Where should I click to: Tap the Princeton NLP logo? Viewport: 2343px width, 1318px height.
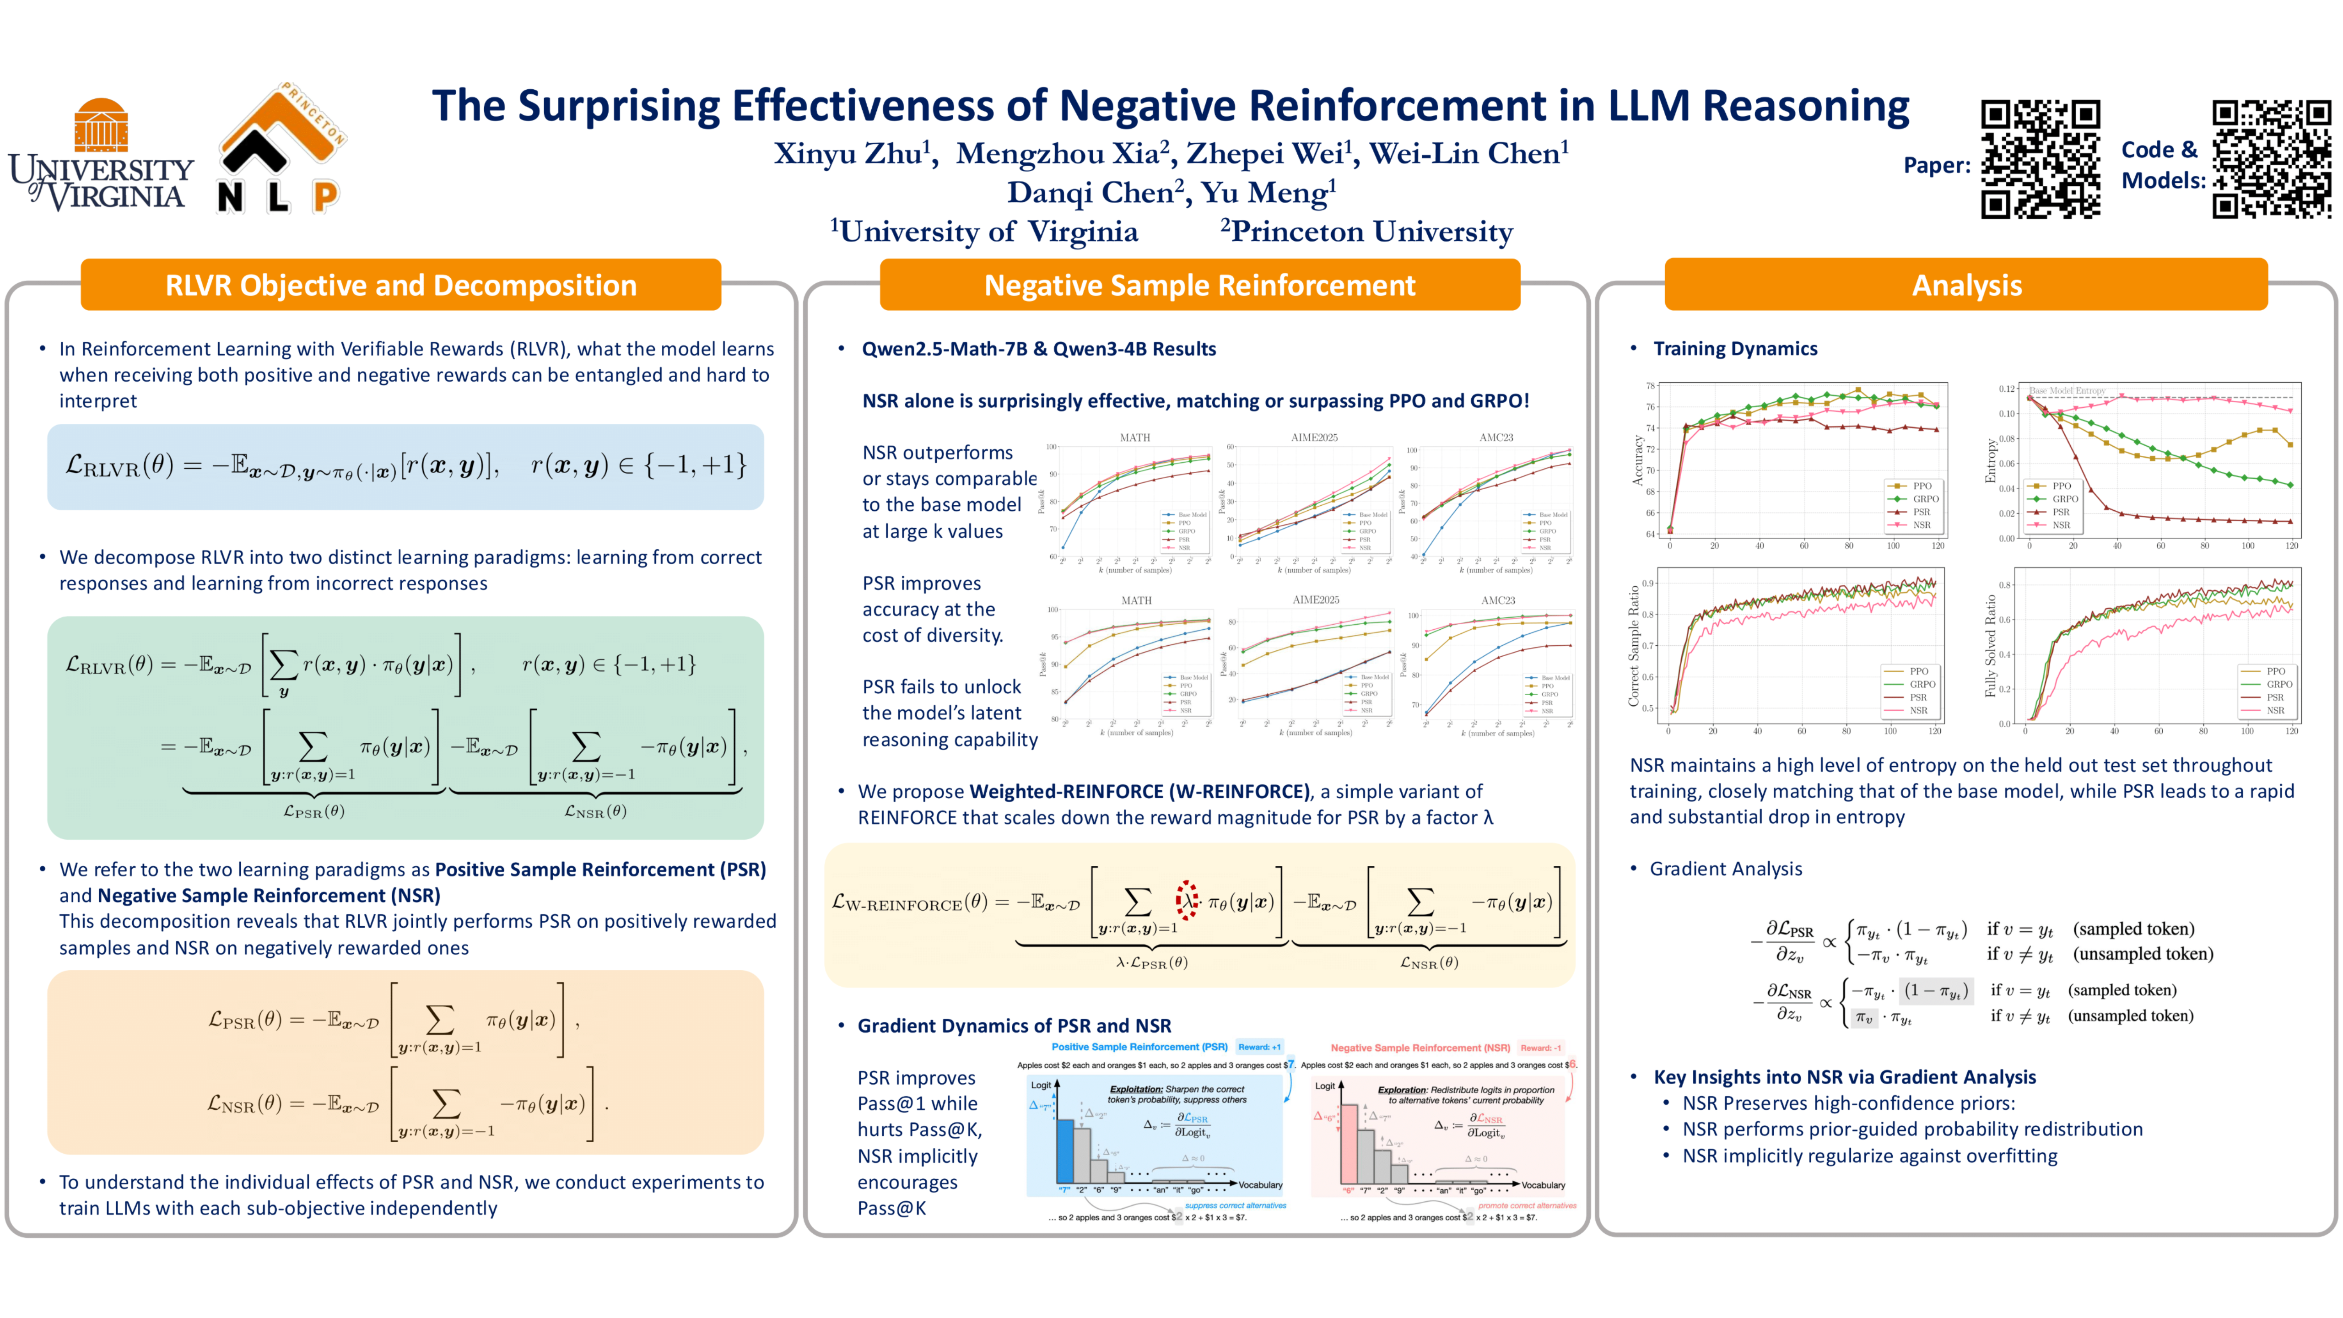(281, 150)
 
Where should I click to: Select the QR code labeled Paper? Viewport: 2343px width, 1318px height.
(2040, 159)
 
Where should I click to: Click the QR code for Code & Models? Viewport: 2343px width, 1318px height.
(2271, 159)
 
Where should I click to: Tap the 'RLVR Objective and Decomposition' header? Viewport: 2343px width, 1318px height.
(401, 286)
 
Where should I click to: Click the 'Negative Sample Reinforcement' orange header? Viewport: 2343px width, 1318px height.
(1200, 286)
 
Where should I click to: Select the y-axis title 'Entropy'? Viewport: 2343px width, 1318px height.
(1990, 462)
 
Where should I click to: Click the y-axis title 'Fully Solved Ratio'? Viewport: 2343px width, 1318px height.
(1990, 646)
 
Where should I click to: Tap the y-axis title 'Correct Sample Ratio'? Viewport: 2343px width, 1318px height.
(1634, 646)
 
